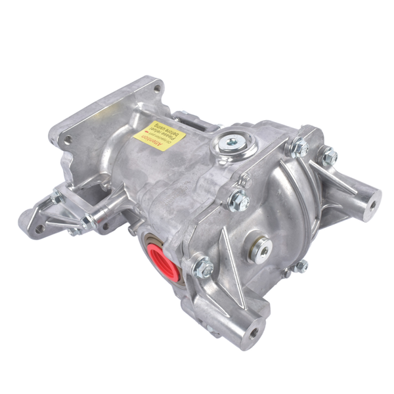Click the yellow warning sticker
(160, 135)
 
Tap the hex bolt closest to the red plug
(204, 267)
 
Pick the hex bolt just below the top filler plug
(238, 200)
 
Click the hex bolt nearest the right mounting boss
(330, 156)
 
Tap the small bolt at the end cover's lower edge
(301, 266)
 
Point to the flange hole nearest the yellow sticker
(157, 87)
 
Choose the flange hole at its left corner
(66, 139)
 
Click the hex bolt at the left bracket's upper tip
(57, 196)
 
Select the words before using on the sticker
(169, 134)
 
